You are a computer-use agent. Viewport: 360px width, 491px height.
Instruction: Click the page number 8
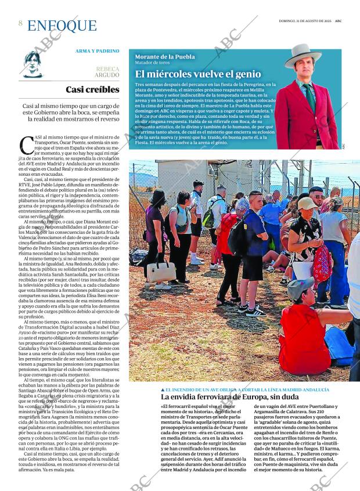pos(20,23)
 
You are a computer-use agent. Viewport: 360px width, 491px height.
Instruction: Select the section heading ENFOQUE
pos(62,26)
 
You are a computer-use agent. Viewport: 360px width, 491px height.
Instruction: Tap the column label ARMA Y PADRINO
pos(97,51)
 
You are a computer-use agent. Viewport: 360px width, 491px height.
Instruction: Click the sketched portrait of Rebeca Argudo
pos(33,64)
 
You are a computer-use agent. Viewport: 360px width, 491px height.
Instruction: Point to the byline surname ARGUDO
pos(107,75)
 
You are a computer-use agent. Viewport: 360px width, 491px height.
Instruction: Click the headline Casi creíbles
pos(92,89)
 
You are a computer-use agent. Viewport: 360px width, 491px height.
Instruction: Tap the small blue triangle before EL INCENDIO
pos(163,389)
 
